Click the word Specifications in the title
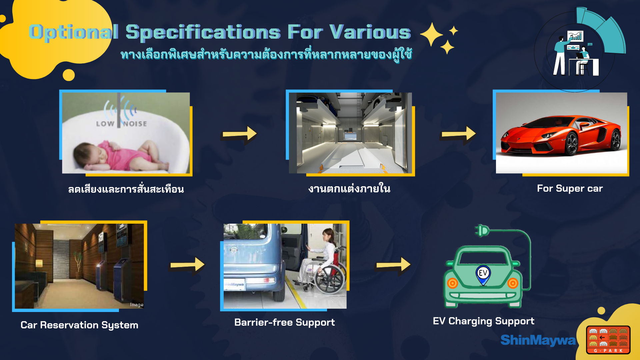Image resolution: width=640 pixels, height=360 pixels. coord(203,33)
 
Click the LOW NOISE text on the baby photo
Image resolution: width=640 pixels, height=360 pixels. coord(121,124)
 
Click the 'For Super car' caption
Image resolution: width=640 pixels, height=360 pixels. coord(570,188)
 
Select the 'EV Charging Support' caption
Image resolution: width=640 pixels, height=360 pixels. coord(483,321)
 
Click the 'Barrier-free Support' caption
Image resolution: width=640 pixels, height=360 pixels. coord(284,322)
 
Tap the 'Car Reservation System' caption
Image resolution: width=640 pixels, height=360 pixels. coord(79,325)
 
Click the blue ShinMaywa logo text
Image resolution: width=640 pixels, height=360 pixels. coord(538,340)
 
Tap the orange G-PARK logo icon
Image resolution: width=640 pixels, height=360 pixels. coord(608,340)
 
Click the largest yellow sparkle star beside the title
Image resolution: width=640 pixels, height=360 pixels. coord(432,34)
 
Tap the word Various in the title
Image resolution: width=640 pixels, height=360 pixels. coord(370,33)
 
